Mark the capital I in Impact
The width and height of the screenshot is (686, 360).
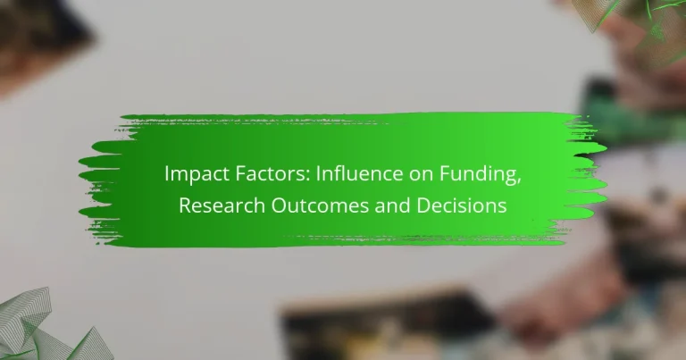pos(166,174)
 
